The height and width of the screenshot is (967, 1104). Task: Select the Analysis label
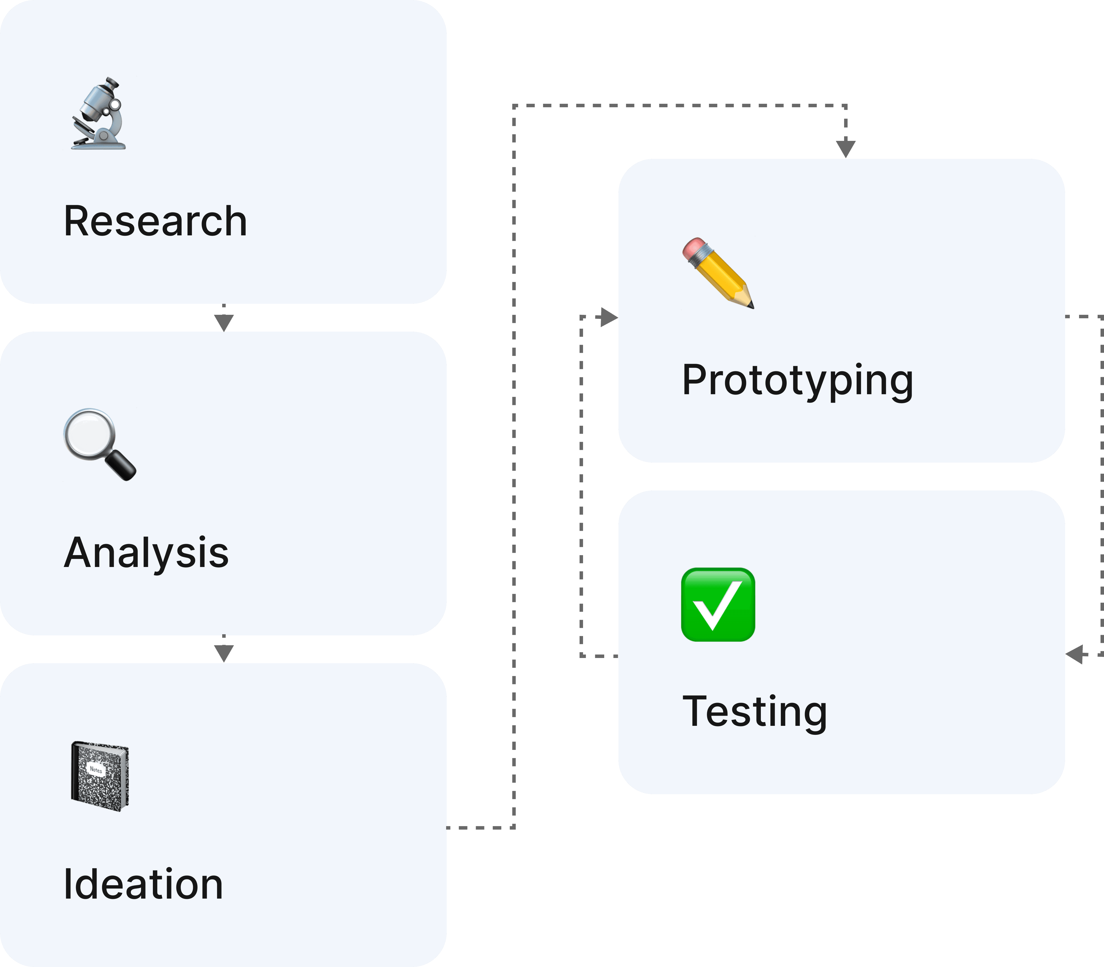(146, 553)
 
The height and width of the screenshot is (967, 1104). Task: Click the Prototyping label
(797, 380)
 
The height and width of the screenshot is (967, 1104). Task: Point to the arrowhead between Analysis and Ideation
(224, 653)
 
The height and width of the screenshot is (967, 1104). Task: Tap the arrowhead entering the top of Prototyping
(846, 148)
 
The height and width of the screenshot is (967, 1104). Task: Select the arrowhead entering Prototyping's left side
(609, 317)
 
